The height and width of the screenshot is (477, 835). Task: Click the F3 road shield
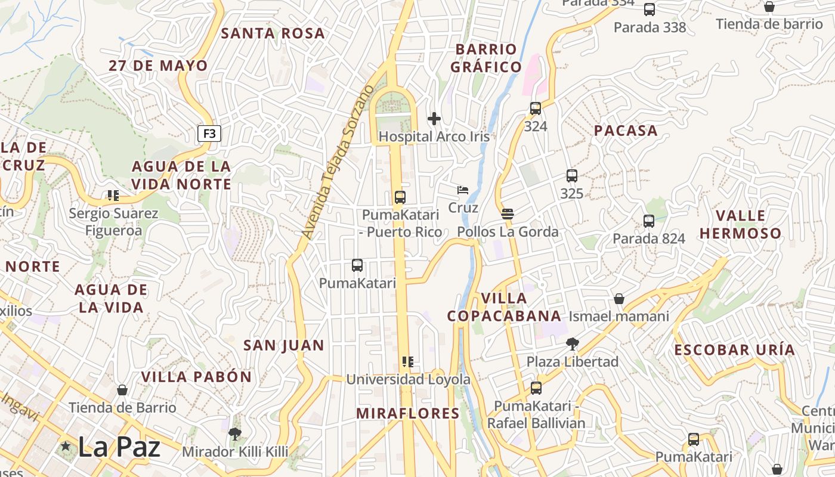(209, 134)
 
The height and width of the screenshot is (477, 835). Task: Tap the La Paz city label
(119, 447)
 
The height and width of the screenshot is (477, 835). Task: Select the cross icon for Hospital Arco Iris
(434, 119)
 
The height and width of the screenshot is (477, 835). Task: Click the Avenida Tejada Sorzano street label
(338, 162)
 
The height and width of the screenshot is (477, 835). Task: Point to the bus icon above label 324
(536, 109)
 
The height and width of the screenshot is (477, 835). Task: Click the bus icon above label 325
(571, 176)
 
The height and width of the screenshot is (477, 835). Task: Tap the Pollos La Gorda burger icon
(508, 214)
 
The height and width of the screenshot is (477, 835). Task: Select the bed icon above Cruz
(463, 190)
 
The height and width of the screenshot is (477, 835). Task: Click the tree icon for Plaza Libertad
(573, 344)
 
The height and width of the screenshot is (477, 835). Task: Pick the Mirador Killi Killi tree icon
(235, 434)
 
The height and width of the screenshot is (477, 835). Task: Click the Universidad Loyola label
(408, 379)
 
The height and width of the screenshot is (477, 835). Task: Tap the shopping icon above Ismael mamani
(619, 298)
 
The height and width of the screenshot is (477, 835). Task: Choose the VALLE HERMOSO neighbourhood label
(740, 224)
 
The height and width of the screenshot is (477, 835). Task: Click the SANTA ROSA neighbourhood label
(273, 33)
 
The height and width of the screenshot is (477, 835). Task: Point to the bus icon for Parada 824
(649, 221)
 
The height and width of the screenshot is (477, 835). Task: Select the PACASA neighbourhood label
(626, 131)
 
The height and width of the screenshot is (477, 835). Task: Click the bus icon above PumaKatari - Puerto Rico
(400, 197)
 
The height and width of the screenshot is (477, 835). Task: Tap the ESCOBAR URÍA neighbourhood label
(734, 350)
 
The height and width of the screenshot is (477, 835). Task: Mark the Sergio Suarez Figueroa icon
(113, 196)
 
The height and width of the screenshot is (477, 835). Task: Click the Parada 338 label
(650, 27)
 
